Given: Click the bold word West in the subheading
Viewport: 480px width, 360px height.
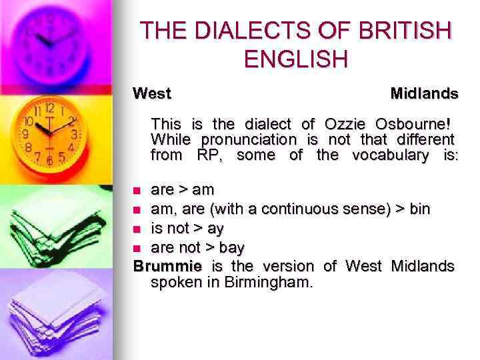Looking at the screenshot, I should pos(152,94).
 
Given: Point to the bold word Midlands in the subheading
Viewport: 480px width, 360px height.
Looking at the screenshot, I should pos(424,94).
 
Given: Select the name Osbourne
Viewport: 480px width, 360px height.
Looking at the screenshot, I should pos(408,124).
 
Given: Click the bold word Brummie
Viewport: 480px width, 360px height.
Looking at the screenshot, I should pos(167,267).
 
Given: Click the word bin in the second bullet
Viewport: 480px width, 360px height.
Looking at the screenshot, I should pos(419,210).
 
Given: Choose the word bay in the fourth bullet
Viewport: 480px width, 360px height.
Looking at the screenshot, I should pos(232,248).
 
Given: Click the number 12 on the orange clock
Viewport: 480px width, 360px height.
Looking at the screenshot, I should pos(49,108).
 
